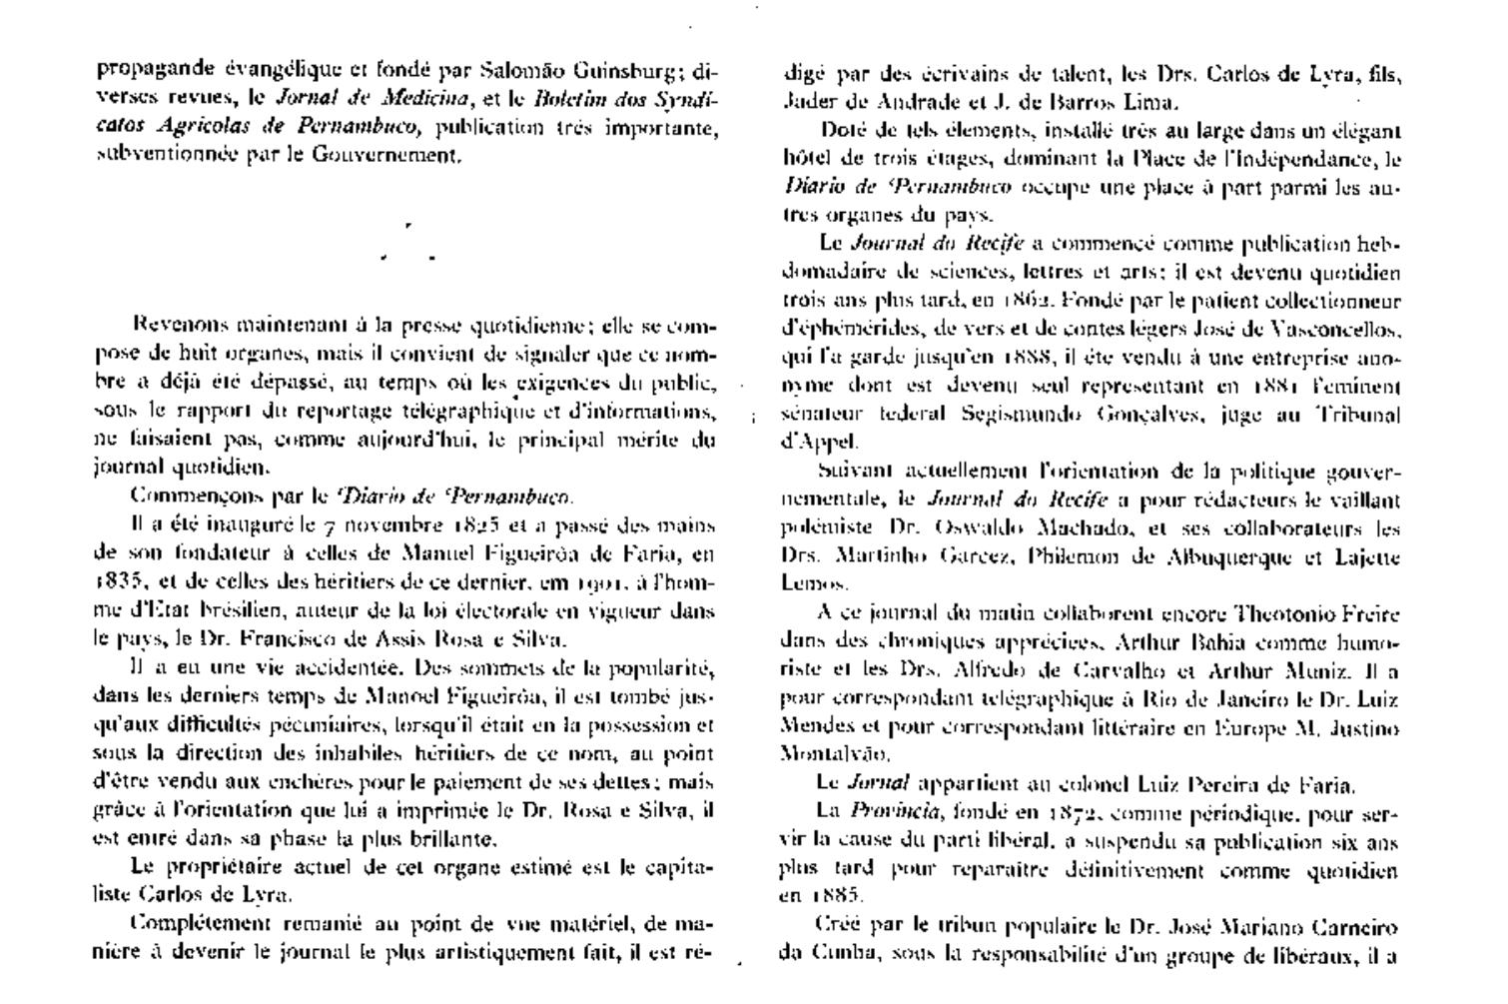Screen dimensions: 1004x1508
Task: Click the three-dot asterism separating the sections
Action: point(408,246)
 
